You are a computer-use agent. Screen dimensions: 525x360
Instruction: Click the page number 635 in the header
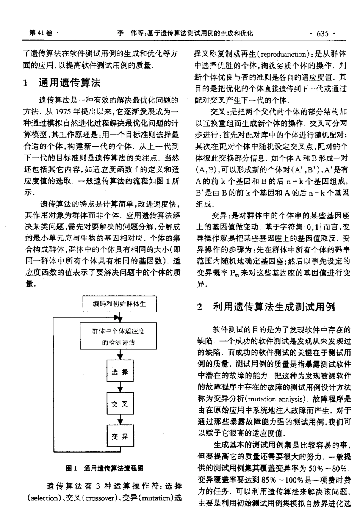pos(322,34)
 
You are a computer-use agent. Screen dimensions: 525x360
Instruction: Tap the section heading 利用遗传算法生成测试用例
pos(274,307)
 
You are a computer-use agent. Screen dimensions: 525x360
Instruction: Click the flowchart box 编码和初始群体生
pos(120,303)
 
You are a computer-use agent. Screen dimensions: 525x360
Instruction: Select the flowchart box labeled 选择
pos(120,372)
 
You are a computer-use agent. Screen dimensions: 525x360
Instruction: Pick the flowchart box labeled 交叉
pos(120,404)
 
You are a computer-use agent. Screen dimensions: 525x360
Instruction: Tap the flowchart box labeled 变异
pos(120,437)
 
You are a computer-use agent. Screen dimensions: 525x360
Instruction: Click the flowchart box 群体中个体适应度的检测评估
pos(120,336)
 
